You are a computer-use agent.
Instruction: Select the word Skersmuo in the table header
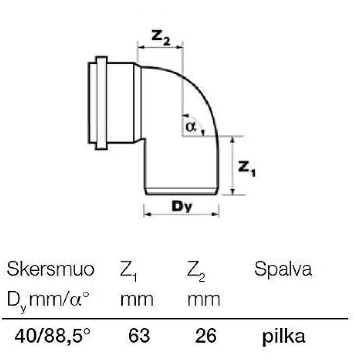click(50, 270)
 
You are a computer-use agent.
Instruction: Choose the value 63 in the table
click(139, 336)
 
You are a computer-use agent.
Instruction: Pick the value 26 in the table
click(206, 336)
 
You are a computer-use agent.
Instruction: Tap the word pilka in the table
click(284, 336)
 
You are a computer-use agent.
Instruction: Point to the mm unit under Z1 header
click(137, 299)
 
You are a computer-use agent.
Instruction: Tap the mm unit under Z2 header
click(204, 299)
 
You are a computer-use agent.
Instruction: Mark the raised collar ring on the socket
click(101, 102)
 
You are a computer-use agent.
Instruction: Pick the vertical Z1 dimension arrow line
click(232, 165)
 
